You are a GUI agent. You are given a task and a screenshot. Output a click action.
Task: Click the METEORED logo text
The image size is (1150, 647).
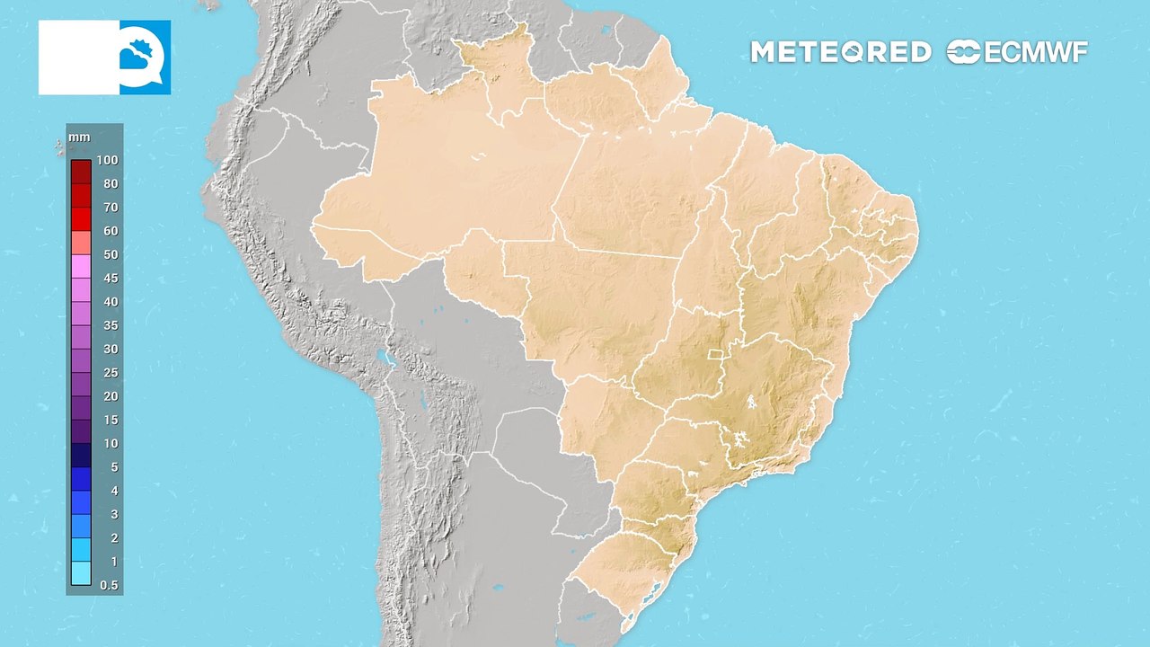tap(840, 52)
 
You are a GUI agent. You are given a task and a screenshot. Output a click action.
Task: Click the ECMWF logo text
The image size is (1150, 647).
tap(1018, 52)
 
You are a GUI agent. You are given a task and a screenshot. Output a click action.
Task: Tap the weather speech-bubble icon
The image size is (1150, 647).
tap(145, 58)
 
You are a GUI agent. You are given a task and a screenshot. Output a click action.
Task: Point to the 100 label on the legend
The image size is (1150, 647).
tap(108, 160)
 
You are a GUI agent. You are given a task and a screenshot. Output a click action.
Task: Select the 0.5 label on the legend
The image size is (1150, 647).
tap(108, 585)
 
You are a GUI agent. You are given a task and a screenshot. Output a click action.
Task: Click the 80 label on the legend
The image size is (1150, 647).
tap(110, 183)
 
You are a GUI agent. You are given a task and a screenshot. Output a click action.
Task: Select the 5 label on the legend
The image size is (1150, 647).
tap(112, 466)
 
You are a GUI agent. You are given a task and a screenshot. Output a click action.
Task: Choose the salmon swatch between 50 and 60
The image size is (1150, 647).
tap(81, 243)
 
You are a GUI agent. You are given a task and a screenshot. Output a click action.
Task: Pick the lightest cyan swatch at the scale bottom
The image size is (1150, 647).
tap(81, 573)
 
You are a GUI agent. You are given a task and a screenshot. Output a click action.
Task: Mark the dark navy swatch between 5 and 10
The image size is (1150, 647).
tap(81, 455)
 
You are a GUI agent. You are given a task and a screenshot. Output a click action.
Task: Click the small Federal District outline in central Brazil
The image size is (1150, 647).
tap(717, 353)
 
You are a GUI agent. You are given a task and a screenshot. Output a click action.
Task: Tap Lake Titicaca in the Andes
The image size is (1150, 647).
tap(387, 359)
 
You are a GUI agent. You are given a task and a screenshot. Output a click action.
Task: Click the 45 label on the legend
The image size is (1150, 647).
tap(110, 278)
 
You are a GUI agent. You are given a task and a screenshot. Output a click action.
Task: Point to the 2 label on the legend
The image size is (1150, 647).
tap(112, 537)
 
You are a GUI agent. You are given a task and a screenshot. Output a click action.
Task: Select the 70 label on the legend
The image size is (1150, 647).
tap(110, 207)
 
